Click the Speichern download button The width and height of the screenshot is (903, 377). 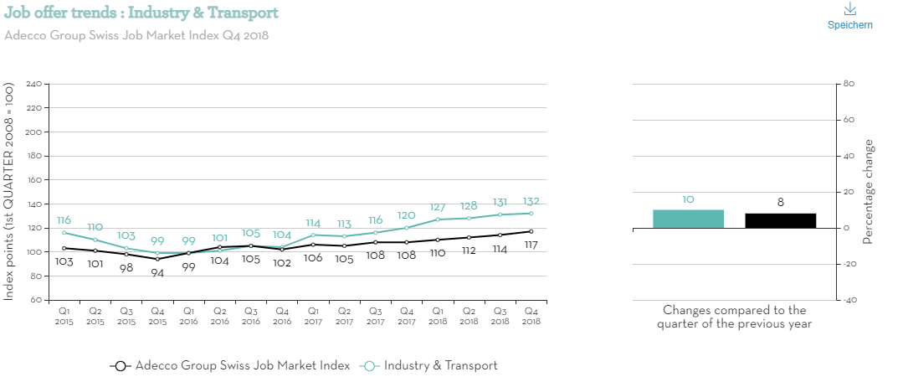click(849, 16)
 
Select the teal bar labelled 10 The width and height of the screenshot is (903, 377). click(688, 219)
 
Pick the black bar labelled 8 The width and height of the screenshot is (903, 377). click(780, 220)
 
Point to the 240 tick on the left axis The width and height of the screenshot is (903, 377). click(33, 85)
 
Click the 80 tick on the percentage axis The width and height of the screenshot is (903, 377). click(848, 84)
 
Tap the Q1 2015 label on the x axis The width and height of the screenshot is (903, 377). click(64, 316)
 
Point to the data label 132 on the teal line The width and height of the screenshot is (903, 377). click(531, 201)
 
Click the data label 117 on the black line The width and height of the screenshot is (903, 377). click(531, 245)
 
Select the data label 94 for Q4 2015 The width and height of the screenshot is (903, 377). click(157, 272)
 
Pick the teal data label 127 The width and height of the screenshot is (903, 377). click(438, 208)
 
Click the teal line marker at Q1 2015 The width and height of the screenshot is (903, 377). click(64, 232)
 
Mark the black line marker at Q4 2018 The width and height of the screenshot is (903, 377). click(531, 231)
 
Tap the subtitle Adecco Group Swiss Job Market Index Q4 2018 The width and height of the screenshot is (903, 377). click(136, 35)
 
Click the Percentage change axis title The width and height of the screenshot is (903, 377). click(868, 192)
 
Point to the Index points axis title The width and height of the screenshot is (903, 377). click(9, 192)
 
